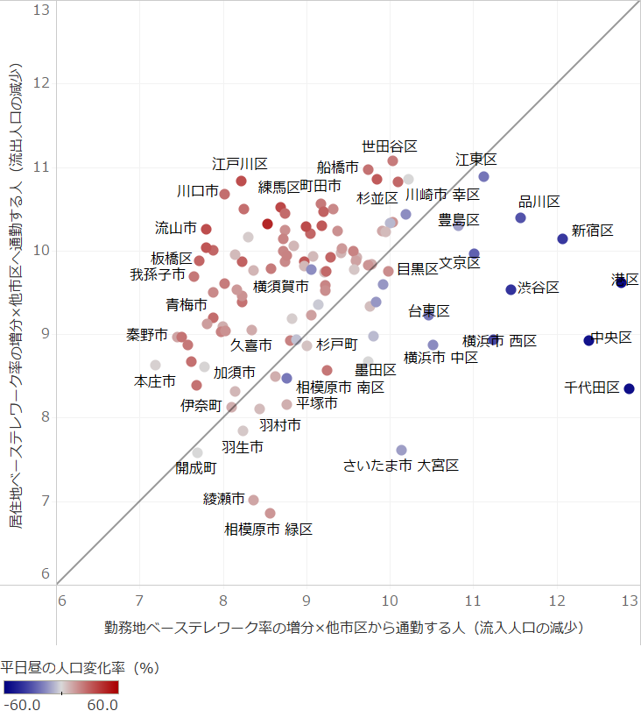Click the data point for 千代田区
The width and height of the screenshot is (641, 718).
coord(629,388)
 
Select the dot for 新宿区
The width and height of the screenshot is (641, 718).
coord(562,238)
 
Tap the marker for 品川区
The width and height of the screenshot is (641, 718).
coord(520,217)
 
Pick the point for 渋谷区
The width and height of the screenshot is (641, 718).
coord(511,289)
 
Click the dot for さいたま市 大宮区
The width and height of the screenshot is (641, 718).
coord(401,450)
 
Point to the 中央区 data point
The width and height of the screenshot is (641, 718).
coord(588,340)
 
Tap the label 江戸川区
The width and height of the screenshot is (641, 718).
coord(239,163)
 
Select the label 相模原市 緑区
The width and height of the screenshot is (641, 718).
coord(268,529)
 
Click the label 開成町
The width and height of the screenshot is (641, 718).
coord(195,467)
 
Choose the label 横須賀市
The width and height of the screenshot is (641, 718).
coord(280,286)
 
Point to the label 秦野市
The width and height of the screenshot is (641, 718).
coord(146,335)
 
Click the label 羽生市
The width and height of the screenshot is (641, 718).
coord(242,447)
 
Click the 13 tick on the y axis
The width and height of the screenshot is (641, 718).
coord(39,10)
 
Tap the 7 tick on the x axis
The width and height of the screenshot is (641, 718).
coord(139,601)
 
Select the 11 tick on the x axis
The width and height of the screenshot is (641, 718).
coord(473,601)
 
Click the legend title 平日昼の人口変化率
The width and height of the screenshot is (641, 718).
coord(80,668)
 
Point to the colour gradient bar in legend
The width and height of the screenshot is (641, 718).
coord(60,687)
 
